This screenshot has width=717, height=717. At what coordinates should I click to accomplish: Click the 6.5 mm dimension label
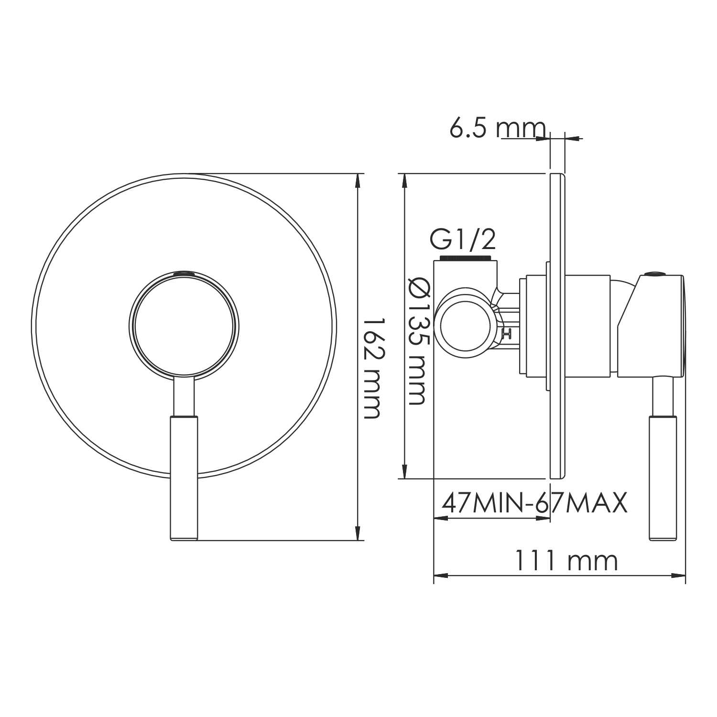pyautogui.click(x=497, y=128)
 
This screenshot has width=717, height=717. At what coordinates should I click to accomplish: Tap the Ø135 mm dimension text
pyautogui.click(x=419, y=342)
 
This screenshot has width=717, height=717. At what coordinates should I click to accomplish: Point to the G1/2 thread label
pyautogui.click(x=463, y=240)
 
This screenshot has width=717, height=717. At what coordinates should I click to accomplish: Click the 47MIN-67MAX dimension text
pyautogui.click(x=534, y=503)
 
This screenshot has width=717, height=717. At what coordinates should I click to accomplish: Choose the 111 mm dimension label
pyautogui.click(x=565, y=561)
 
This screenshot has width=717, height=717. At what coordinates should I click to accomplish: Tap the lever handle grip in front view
pyautogui.click(x=184, y=478)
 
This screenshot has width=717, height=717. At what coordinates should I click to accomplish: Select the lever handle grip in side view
pyautogui.click(x=662, y=478)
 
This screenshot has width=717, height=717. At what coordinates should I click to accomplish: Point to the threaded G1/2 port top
pyautogui.click(x=466, y=259)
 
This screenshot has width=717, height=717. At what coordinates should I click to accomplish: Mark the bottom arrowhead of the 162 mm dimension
pyautogui.click(x=358, y=534)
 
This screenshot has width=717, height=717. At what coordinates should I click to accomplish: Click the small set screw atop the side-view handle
pyautogui.click(x=653, y=274)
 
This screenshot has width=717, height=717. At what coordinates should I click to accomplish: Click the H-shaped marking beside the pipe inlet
pyautogui.click(x=508, y=334)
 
